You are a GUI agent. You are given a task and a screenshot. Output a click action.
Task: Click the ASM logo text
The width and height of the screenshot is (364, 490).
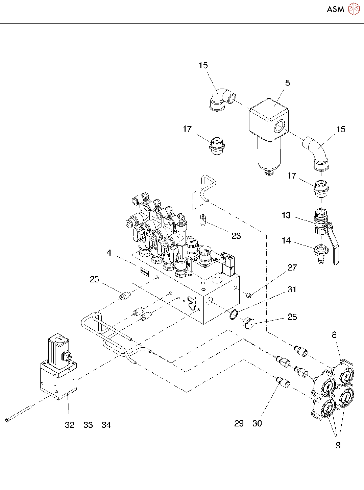coord(335,9)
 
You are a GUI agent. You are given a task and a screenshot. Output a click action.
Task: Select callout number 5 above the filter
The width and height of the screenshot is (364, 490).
coord(287,83)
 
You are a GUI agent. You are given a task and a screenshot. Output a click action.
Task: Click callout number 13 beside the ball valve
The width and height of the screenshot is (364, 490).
coord(286,215)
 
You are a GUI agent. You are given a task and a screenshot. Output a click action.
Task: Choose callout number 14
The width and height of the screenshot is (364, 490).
coord(286,240)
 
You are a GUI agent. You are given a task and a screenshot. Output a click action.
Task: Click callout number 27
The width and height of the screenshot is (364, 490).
coord(292,267)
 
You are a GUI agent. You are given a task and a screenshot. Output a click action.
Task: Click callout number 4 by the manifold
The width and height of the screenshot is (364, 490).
coord(109,253)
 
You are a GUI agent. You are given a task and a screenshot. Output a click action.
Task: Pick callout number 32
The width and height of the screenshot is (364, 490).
coord(70,425)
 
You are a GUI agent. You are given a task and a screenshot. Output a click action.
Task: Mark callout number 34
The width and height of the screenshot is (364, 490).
coord(106,425)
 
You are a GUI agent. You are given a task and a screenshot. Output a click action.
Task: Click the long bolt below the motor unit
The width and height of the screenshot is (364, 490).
coord(19,414)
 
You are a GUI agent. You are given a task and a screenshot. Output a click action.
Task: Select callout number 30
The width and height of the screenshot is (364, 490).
coord(257,423)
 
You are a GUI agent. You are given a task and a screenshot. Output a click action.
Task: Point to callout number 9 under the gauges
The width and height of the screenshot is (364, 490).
coord(338,445)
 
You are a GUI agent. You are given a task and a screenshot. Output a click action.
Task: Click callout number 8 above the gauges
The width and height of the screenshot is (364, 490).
coord(334,335)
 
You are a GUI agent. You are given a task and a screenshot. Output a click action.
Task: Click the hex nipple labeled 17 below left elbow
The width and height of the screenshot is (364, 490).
coord(217,146)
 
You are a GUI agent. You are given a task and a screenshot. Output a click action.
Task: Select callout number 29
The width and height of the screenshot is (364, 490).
coord(239,423)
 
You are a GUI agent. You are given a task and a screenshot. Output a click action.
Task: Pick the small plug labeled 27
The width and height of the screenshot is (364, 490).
coord(249,295)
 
